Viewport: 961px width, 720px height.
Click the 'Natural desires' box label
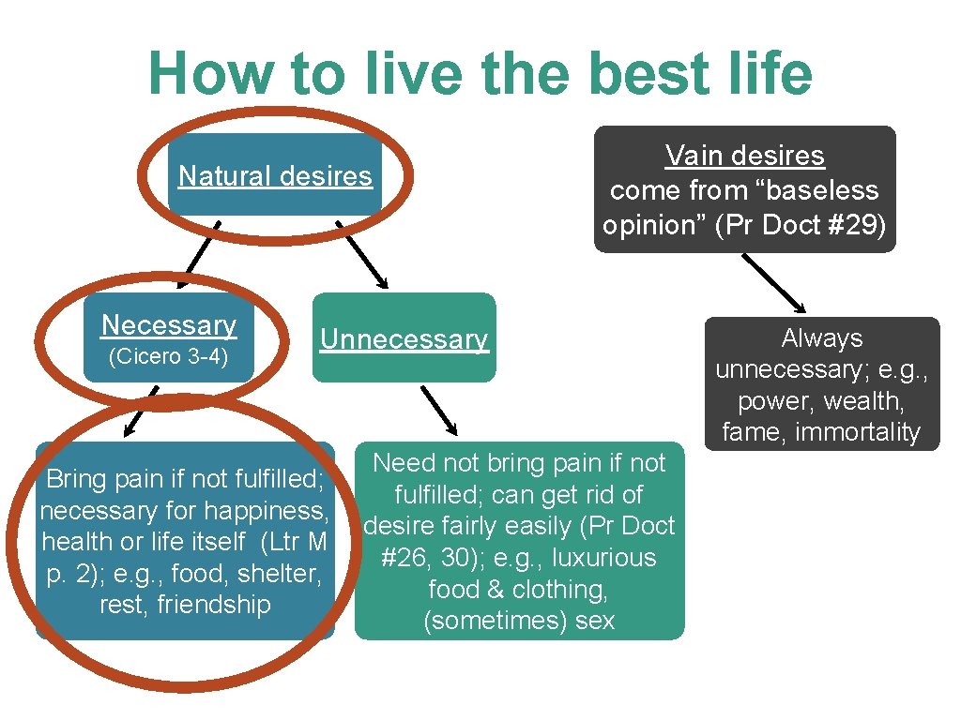275,176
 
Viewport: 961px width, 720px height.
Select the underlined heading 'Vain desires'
744,156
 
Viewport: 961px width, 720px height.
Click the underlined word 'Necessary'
169,325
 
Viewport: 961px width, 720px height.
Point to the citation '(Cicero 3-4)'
169,357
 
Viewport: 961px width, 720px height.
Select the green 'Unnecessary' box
404,338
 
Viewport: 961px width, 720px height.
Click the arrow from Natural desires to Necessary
199,253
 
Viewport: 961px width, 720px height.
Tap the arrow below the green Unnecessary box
438,411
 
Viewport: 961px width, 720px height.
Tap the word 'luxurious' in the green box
603,558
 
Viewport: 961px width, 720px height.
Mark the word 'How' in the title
202,74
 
